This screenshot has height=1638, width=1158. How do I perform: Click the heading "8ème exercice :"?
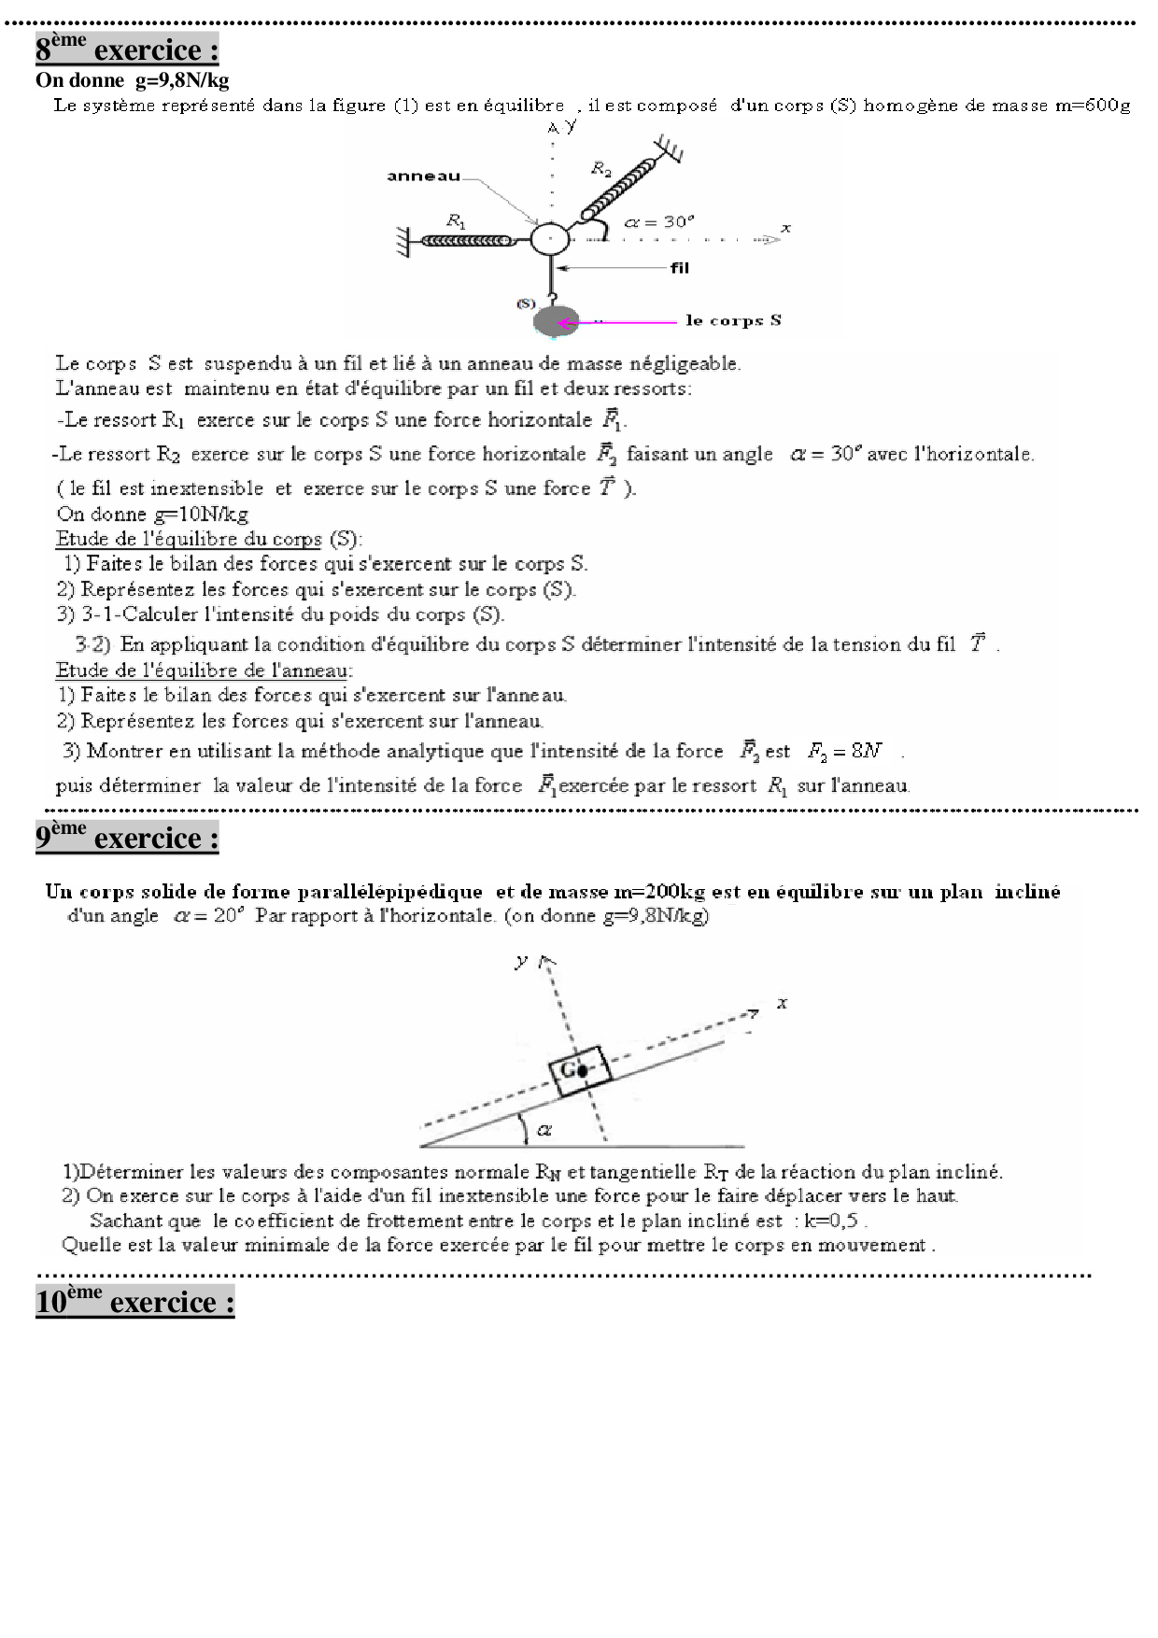[127, 49]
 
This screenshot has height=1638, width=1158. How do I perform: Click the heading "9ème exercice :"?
[127, 837]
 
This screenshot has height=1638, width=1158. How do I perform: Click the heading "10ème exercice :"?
[134, 1301]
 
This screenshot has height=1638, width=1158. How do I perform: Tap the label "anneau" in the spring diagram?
[423, 176]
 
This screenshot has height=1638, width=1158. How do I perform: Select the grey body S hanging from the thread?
[557, 321]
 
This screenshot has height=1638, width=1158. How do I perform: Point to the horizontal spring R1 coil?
[467, 240]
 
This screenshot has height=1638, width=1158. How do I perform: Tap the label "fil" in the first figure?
[679, 268]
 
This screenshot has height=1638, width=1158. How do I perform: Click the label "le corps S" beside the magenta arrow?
[733, 320]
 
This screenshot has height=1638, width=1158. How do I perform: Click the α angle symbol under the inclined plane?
[544, 1130]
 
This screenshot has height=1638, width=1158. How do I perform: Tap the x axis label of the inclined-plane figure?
[782, 1003]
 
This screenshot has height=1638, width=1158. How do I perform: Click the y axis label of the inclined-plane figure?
[521, 960]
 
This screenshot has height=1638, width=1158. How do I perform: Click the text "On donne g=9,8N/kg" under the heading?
[133, 80]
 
